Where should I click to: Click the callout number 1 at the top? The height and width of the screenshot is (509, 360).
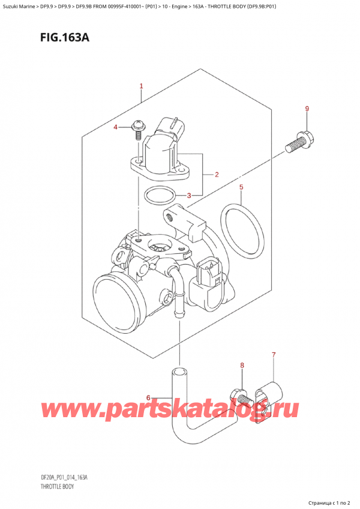pyautogui.click(x=141, y=86)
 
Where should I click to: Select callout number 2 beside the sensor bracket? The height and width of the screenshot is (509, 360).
pyautogui.click(x=216, y=175)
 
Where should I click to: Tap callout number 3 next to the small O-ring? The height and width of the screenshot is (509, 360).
pyautogui.click(x=189, y=195)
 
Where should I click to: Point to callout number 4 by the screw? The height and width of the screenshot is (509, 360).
pyautogui.click(x=117, y=127)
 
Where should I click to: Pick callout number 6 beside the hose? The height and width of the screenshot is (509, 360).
pyautogui.click(x=149, y=397)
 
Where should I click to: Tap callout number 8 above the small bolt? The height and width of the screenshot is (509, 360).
pyautogui.click(x=242, y=365)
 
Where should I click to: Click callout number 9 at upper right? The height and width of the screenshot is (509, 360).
pyautogui.click(x=307, y=109)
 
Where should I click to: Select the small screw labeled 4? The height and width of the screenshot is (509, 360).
pyautogui.click(x=139, y=128)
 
